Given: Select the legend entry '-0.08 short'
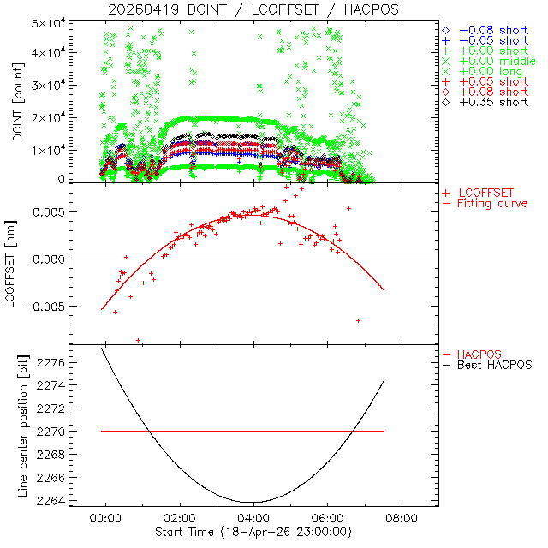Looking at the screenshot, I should click(490, 30).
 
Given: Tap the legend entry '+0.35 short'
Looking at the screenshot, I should click(490, 102).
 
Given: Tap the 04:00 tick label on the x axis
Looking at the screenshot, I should click(253, 518).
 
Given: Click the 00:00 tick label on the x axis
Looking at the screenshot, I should click(106, 518).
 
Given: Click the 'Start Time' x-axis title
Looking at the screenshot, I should click(253, 532).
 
